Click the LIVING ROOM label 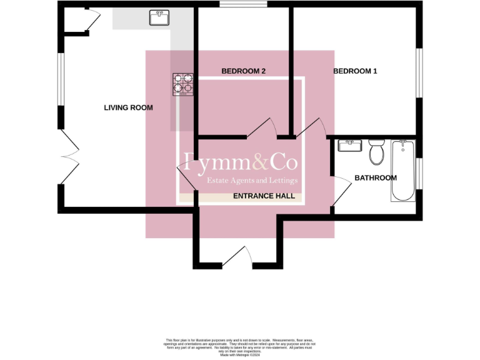click(128, 108)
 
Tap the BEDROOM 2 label click(244, 71)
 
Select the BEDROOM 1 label click(355, 71)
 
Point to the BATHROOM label click(376, 178)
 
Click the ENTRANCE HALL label click(264, 196)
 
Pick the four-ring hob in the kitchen click(183, 84)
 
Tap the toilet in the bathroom click(376, 151)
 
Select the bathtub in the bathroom click(403, 171)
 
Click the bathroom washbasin click(348, 146)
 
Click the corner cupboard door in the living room click(91, 21)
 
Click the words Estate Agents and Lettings click(252, 181)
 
